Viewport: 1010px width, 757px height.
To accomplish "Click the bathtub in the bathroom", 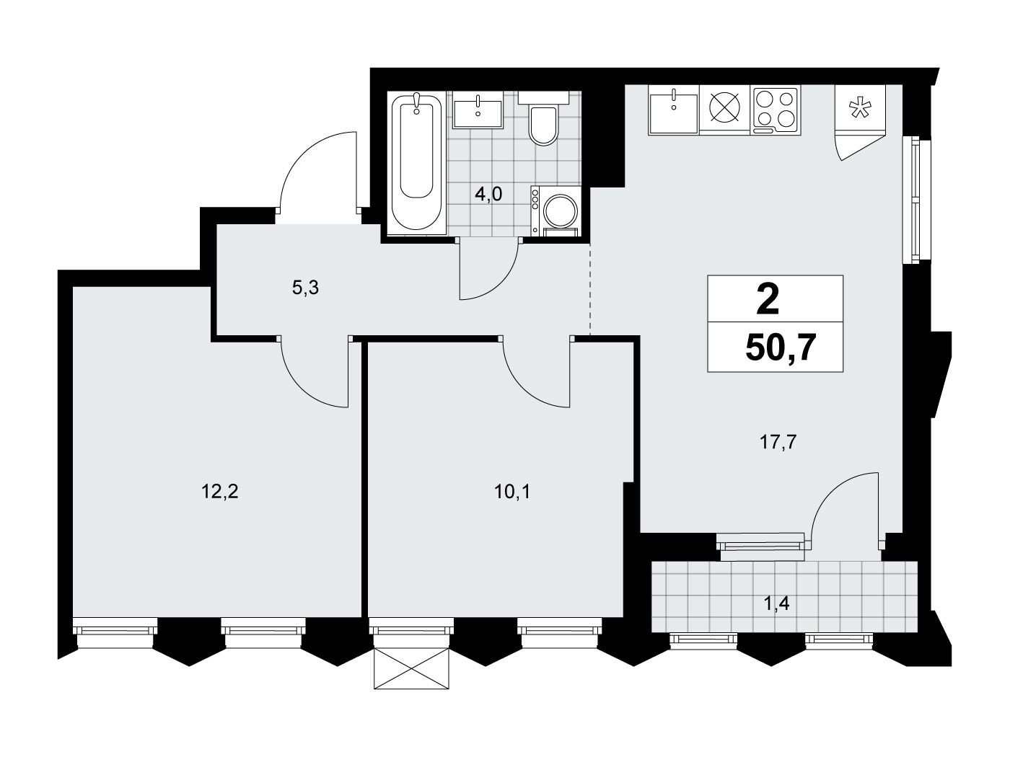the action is point(417,163).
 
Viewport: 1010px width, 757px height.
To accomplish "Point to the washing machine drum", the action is point(560,211).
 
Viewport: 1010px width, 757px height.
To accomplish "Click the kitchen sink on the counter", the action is point(674,110).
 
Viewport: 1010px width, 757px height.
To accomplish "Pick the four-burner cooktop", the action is point(776,110).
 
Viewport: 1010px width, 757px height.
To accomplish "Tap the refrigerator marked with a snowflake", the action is point(860,109).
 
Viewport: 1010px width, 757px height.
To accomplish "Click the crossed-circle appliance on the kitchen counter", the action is point(725,110).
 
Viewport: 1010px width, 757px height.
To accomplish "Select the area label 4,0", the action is point(488,195).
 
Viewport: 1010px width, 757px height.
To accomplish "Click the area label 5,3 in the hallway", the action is point(305,288).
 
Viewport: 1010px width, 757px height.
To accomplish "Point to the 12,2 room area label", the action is point(219,492).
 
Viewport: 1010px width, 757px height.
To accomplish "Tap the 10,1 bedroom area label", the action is point(512,492).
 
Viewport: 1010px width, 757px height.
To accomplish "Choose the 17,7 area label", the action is point(777,442).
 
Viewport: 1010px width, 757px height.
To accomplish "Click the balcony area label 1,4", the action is point(776,603).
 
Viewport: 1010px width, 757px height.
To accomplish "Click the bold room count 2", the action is point(768,301).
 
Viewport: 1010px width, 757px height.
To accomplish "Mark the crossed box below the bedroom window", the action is point(410,668).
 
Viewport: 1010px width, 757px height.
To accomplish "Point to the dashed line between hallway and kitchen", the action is point(590,289).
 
